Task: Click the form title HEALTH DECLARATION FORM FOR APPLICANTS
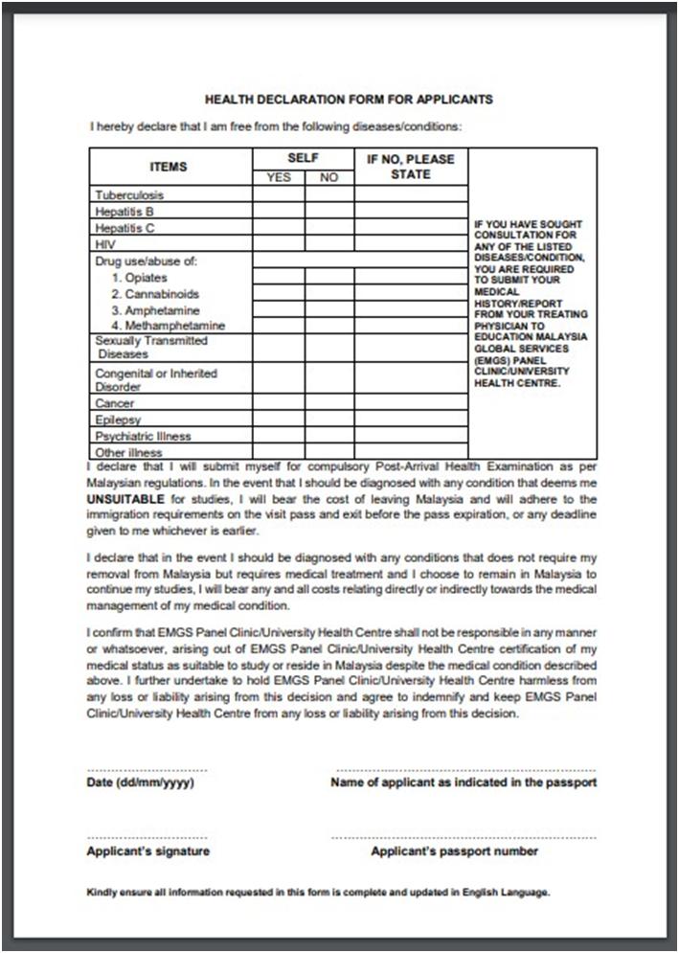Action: coord(349,99)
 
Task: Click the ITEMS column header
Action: coord(169,167)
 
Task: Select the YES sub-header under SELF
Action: coord(279,178)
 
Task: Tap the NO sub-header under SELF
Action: coord(329,178)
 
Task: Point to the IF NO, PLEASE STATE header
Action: coord(411,167)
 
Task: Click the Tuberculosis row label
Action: coord(129,195)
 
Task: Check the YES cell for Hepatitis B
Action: coord(279,212)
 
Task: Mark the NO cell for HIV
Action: coord(329,244)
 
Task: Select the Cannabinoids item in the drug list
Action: coord(155,294)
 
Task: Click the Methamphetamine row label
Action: coord(168,327)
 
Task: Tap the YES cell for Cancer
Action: coord(279,404)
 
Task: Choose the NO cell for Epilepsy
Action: coord(329,420)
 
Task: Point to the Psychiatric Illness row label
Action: coord(143,436)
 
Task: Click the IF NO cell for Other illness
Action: coord(411,452)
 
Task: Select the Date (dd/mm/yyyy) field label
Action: coord(141,783)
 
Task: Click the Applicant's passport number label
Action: coord(455,851)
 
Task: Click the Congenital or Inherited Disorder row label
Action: coord(156,380)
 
